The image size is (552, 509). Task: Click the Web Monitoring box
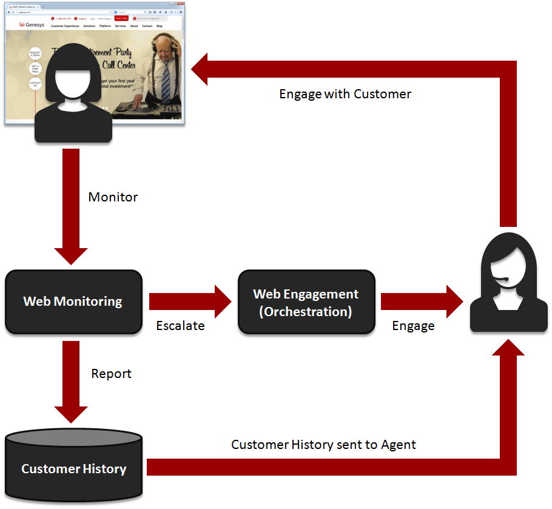(x=73, y=302)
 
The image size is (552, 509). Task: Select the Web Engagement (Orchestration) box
(x=306, y=302)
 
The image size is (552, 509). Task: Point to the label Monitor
(x=113, y=197)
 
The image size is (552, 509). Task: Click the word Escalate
(x=180, y=326)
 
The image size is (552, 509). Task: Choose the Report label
(x=111, y=374)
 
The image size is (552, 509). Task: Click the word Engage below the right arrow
(x=413, y=326)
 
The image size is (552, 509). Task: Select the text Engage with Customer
(x=345, y=94)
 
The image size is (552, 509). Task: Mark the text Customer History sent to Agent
(x=323, y=445)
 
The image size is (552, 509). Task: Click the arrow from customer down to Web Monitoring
(x=71, y=206)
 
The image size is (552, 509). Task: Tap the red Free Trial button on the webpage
(x=121, y=18)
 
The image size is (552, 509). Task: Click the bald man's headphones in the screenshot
(x=163, y=44)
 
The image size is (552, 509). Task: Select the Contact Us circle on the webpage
(x=35, y=84)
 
